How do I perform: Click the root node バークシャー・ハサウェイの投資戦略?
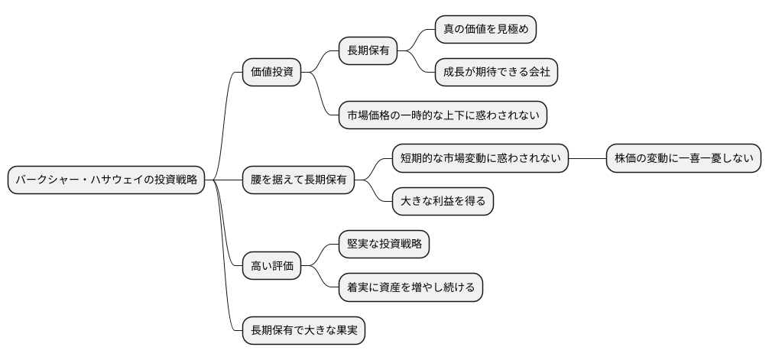tap(106, 180)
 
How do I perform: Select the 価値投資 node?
tap(271, 73)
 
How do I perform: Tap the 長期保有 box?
tap(368, 52)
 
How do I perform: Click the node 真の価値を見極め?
tap(485, 30)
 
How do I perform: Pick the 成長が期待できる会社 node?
tap(496, 73)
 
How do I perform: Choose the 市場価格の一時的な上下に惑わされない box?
tap(443, 115)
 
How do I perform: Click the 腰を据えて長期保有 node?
tap(298, 180)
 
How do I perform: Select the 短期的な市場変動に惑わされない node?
tap(480, 158)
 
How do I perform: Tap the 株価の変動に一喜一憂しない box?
tap(683, 158)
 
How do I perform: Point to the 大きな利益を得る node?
tap(443, 201)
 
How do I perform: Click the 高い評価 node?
tap(271, 267)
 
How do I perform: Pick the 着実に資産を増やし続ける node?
tap(410, 287)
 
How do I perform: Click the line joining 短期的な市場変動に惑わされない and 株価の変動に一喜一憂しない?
tap(587, 158)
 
